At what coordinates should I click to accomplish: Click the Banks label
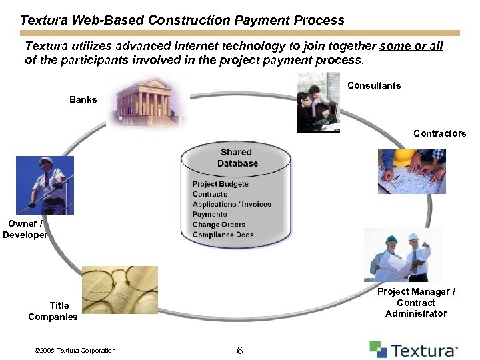83,99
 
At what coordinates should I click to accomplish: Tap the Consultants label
374,85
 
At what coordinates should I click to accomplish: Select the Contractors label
439,133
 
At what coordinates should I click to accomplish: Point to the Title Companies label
53,311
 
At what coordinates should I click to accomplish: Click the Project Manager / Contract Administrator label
416,302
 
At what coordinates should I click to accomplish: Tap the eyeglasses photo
119,289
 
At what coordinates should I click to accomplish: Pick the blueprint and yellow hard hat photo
411,171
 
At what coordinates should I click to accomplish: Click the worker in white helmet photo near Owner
45,185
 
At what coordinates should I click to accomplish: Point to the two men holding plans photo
402,255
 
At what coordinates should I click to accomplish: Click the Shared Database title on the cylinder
237,158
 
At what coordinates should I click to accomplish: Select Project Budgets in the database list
220,184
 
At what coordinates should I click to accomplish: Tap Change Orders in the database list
219,225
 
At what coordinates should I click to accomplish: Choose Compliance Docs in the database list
223,235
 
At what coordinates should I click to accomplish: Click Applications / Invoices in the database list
231,204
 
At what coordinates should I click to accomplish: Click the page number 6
239,351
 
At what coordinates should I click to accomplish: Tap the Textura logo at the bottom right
413,350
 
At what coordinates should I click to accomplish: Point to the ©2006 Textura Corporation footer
74,351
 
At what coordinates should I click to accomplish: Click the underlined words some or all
411,46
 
